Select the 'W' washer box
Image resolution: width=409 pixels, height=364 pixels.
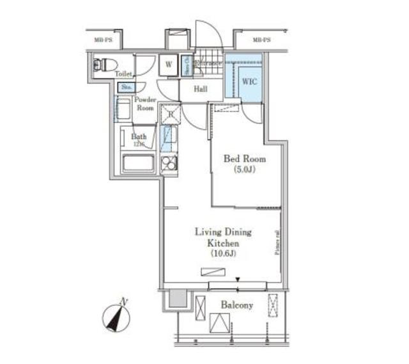pyautogui.click(x=169, y=64)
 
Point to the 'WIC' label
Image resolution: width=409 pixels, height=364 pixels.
pyautogui.click(x=250, y=81)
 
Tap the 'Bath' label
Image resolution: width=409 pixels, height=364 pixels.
pyautogui.click(x=139, y=137)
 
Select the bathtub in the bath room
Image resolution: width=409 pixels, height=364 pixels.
pyautogui.click(x=137, y=162)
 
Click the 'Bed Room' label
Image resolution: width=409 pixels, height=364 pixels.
pyautogui.click(x=244, y=159)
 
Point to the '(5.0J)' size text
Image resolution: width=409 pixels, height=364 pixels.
pyautogui.click(x=244, y=170)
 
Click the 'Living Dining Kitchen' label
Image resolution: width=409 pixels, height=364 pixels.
pyautogui.click(x=224, y=237)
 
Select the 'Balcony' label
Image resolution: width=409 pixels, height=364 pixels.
pyautogui.click(x=236, y=305)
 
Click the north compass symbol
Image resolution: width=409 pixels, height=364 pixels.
pyautogui.click(x=117, y=316)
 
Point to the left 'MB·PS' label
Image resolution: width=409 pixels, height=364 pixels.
pyautogui.click(x=104, y=40)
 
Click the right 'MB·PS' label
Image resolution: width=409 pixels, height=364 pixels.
pyautogui.click(x=261, y=40)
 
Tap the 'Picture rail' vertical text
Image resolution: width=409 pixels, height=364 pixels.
pyautogui.click(x=277, y=242)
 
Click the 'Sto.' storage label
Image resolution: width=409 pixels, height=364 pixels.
pyautogui.click(x=125, y=86)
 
